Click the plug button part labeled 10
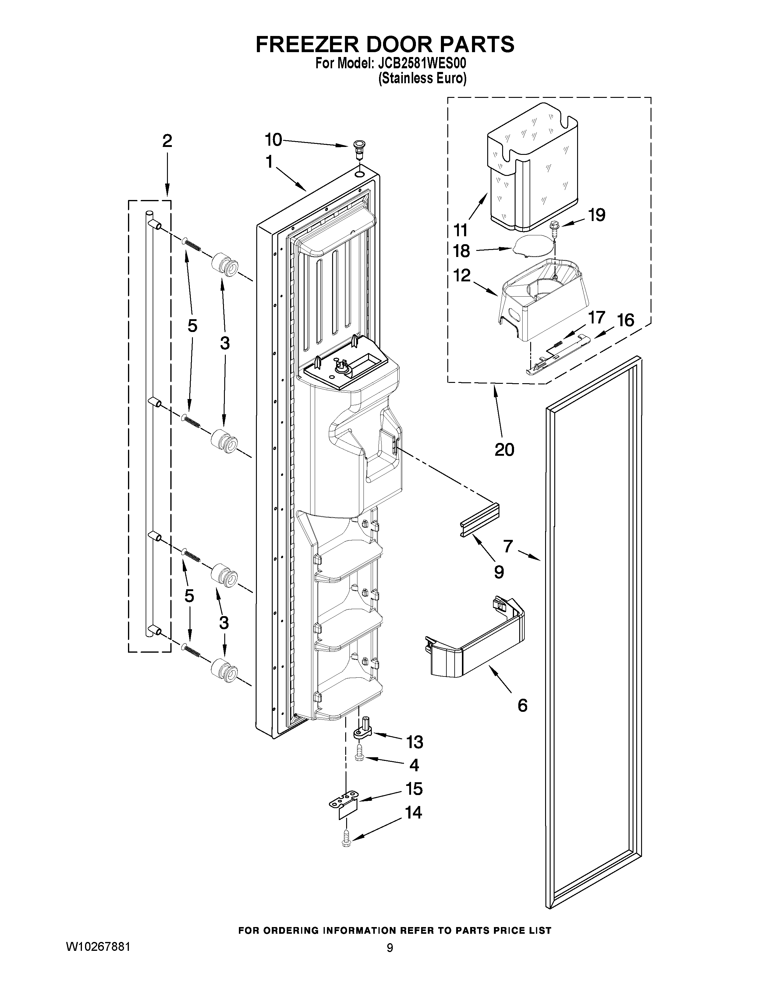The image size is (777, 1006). [357, 148]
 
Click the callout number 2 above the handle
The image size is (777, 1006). [167, 141]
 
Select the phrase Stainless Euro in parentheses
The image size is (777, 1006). [422, 79]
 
